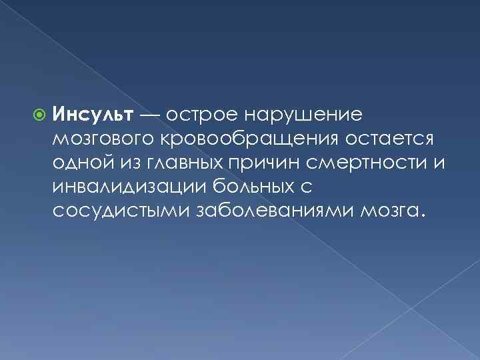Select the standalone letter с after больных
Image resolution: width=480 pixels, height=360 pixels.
coord(308,188)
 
